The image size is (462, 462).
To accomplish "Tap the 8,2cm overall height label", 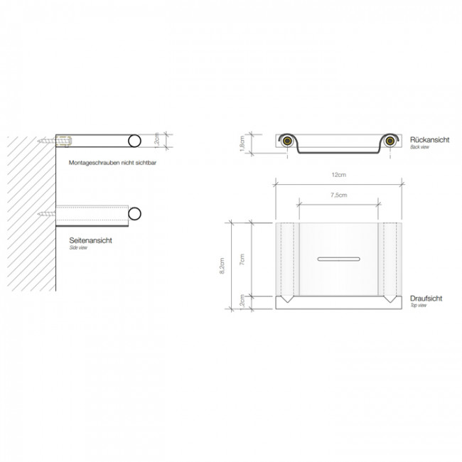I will point(222,265).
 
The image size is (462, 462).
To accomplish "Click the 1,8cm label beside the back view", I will point(242,144).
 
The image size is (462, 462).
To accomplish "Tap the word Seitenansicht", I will point(90,241).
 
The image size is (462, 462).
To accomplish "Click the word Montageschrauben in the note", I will point(94,163).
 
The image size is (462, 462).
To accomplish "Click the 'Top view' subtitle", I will point(417,306).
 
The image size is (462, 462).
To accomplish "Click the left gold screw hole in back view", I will point(287,141).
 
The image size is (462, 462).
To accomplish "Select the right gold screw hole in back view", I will point(391,141).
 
